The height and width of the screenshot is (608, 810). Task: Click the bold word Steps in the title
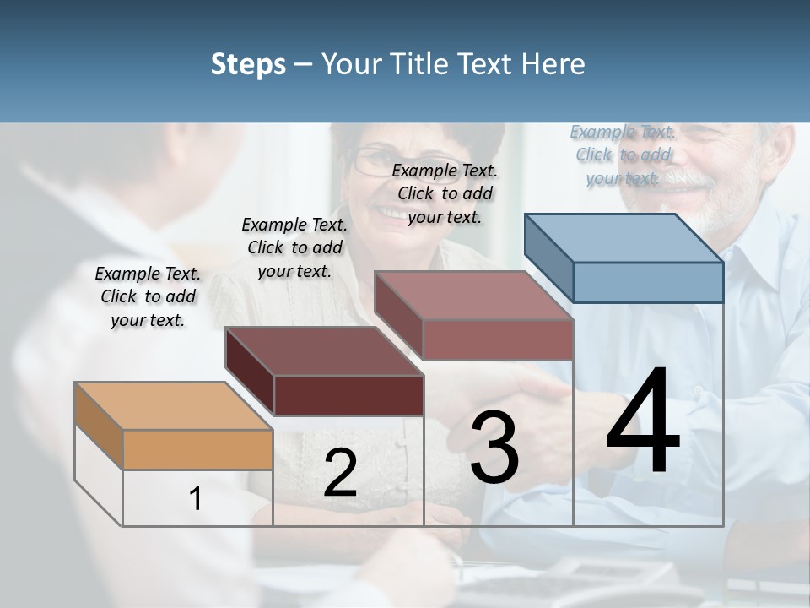point(248,64)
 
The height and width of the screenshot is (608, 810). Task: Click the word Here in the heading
point(552,64)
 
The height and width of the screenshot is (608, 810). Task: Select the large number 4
point(644,422)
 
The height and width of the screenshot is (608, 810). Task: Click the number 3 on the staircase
point(494,448)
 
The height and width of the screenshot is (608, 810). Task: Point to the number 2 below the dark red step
point(340,473)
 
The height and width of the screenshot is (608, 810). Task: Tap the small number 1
point(196,499)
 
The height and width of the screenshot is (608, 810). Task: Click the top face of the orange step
point(174,406)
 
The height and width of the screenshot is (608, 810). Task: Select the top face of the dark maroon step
point(324,351)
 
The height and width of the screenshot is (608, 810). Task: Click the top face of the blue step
point(624,238)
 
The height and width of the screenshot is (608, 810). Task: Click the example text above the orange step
point(148,296)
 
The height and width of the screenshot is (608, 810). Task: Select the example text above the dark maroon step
point(294,247)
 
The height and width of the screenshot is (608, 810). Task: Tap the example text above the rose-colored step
point(445,193)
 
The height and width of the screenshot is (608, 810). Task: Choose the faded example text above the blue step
point(623,155)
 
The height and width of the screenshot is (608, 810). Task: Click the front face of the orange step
point(197,449)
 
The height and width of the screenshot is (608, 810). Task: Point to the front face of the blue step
point(648,282)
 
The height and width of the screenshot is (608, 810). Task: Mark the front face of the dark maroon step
point(348,395)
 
